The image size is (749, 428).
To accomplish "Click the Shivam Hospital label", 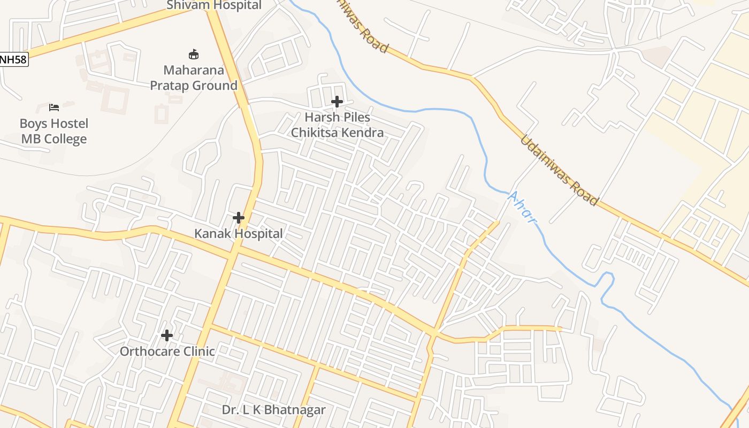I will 214,6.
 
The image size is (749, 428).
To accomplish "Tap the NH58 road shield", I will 13,59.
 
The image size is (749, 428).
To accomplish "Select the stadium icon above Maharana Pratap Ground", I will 194,54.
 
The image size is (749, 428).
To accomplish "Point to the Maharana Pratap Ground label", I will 194,78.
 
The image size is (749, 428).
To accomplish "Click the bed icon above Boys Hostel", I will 54,108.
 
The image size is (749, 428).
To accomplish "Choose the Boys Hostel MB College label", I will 54,131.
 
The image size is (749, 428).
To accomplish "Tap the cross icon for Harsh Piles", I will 337,101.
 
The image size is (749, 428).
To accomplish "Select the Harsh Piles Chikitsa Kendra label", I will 337,125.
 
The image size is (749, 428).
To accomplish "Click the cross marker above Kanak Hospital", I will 239,218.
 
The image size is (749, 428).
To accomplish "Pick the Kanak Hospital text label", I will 239,234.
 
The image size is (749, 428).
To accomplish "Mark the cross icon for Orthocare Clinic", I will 167,335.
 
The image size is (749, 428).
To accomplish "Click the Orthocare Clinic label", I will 167,351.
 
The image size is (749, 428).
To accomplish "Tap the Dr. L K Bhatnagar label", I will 274,410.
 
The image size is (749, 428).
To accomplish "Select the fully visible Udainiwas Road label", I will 559,170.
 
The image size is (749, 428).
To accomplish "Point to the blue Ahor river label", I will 522,208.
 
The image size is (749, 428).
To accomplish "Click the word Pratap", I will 172,86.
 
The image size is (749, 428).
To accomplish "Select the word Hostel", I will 69,124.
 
